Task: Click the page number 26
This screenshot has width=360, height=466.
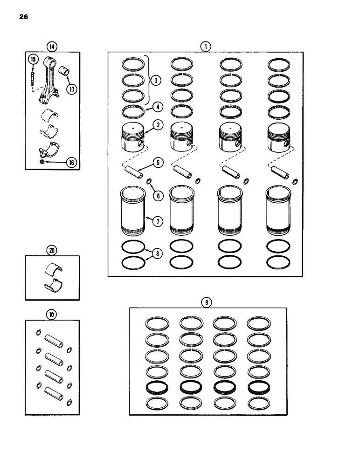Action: [24, 17]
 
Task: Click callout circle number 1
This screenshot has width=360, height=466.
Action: [205, 46]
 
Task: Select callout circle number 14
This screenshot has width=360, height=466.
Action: [52, 46]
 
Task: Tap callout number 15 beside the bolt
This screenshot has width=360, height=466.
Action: [33, 60]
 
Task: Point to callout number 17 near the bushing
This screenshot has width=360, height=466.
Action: [72, 90]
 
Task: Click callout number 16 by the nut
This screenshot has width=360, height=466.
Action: [71, 163]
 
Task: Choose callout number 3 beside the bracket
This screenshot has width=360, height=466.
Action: [156, 80]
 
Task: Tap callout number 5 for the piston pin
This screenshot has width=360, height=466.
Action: [158, 163]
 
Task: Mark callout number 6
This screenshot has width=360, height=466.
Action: [158, 196]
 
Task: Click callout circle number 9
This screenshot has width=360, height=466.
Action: [206, 302]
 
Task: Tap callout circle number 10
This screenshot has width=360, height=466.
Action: [51, 315]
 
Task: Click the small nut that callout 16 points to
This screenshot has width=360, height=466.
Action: [42, 161]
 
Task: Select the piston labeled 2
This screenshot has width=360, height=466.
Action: [134, 137]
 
